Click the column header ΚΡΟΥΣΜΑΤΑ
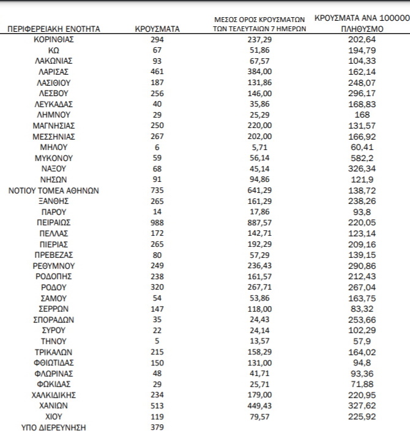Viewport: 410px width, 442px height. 157,29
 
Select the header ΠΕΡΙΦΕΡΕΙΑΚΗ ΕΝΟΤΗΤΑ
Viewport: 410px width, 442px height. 54,29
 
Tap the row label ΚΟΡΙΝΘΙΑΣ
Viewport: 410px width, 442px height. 54,39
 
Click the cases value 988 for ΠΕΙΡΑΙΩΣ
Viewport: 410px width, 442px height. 157,222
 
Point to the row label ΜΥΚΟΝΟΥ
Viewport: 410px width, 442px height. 54,157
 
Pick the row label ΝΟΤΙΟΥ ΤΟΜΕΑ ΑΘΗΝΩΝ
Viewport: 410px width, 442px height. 54,190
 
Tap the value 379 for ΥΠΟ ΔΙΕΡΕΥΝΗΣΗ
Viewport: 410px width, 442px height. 157,427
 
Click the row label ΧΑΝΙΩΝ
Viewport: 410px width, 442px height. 54,406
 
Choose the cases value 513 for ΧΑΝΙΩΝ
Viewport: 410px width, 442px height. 157,406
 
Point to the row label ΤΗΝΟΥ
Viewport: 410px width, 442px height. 54,341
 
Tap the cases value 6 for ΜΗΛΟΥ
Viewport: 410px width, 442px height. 157,147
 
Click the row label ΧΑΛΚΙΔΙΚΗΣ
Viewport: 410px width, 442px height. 54,395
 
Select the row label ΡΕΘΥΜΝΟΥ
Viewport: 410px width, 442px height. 54,265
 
